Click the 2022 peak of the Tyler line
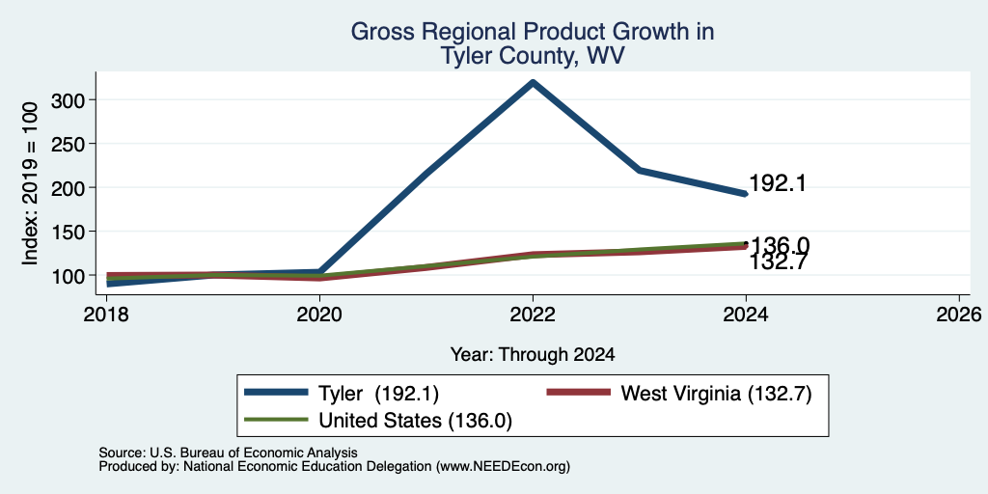click(533, 82)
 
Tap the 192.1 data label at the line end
click(778, 183)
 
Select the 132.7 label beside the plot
click(778, 261)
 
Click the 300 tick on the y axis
click(69, 99)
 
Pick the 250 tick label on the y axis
click(69, 144)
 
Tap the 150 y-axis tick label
click(69, 232)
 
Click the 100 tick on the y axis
click(69, 275)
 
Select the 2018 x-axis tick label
click(106, 314)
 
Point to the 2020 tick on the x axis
click(319, 314)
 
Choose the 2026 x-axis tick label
click(959, 314)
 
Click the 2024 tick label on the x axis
click(746, 314)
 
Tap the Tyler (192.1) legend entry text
click(378, 394)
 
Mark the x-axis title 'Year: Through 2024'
click(533, 355)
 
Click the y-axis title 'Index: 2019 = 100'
click(30, 182)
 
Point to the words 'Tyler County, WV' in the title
click(533, 56)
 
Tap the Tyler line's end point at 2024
click(746, 194)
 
